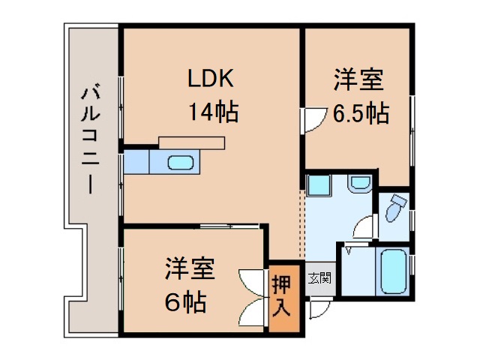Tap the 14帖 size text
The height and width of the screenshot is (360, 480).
pyautogui.click(x=213, y=112)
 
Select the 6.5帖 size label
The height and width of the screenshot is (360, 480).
pyautogui.click(x=361, y=113)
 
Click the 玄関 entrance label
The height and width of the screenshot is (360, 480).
pyautogui.click(x=319, y=278)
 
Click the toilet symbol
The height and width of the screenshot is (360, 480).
pyautogui.click(x=394, y=208)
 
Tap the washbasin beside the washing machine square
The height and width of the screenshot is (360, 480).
pyautogui.click(x=358, y=182)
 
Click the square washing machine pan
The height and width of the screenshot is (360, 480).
pyautogui.click(x=318, y=185)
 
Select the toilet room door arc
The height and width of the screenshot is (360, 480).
pyautogui.click(x=365, y=226)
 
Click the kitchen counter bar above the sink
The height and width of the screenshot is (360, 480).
pyautogui.click(x=191, y=142)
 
